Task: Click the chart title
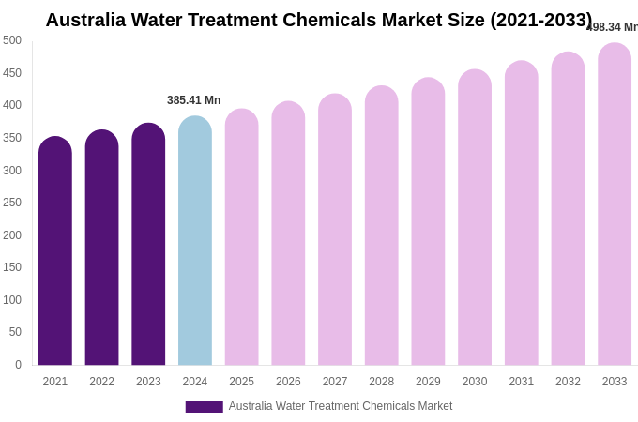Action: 319,20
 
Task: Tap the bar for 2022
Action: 101,248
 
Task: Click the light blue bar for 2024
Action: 195,241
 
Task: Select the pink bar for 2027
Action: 335,230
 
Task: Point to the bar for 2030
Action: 475,218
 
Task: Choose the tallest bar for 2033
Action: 615,204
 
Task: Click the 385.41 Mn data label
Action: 194,100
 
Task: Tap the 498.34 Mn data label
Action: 613,27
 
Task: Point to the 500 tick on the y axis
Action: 12,40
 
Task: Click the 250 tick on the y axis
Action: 12,203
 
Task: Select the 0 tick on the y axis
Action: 17,365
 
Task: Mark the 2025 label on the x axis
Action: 242,382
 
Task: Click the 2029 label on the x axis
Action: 428,382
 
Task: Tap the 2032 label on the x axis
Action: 568,382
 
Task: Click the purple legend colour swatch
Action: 204,407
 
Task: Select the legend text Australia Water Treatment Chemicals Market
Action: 341,406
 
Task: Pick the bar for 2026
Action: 288,234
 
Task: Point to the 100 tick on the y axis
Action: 12,300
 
